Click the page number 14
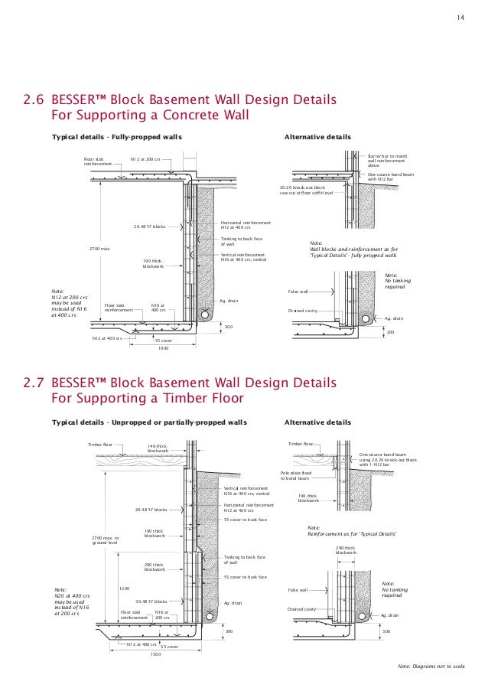pos(460,18)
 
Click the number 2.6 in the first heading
pos(34,101)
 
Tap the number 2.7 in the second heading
pos(34,383)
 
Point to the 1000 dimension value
pos(162,347)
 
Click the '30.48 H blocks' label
pos(151,601)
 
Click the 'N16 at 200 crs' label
pos(161,615)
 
